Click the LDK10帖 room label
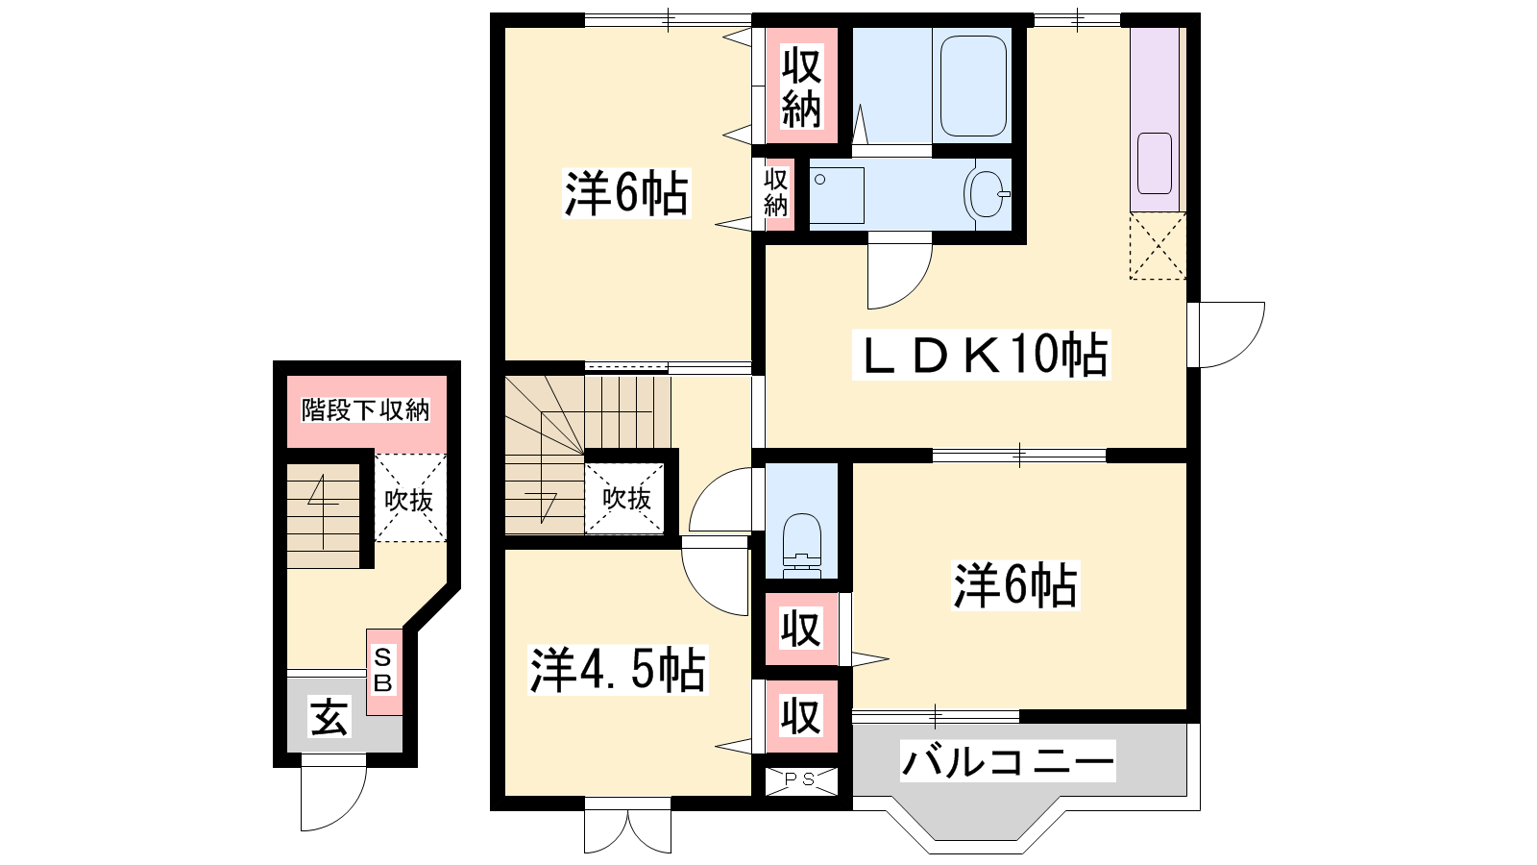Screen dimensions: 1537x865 coord(981,355)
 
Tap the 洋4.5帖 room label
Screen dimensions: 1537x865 coord(618,669)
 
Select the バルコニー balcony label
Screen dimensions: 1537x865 coord(1008,761)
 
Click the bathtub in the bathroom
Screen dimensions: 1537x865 coord(973,86)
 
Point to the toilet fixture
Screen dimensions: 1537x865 coord(801,547)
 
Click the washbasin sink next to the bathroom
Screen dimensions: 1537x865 coord(987,193)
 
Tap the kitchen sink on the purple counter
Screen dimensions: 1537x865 coord(1154,163)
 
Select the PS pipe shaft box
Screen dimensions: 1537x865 coord(801,779)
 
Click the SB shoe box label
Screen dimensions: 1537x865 coord(383,672)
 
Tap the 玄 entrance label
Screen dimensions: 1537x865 coord(330,717)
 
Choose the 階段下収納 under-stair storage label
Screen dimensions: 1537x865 coord(366,410)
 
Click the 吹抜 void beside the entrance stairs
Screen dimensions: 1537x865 coord(409,499)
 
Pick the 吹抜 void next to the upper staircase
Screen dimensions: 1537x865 coord(625,499)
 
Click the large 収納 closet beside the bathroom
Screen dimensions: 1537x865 coord(801,86)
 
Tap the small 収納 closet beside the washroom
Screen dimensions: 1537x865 coord(776,193)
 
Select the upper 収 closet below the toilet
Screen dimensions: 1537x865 coord(801,629)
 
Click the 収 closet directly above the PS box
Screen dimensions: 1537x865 coord(801,716)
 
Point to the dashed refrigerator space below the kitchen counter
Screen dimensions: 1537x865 coord(1158,246)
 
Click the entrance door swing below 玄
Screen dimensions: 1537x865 coord(333,798)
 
